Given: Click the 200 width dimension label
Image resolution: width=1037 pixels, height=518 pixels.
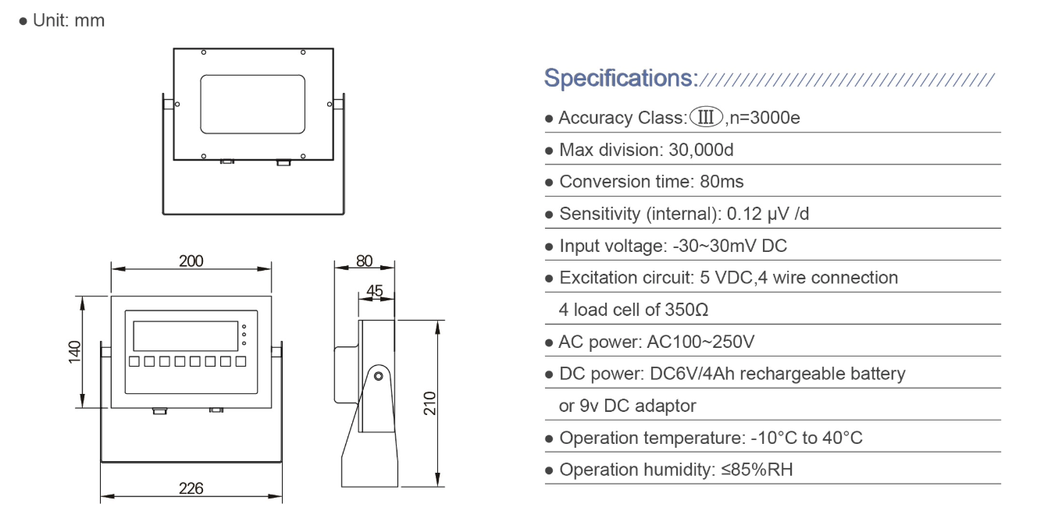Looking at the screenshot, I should [x=191, y=261].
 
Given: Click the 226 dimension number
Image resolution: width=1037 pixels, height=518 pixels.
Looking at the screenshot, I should [x=191, y=488].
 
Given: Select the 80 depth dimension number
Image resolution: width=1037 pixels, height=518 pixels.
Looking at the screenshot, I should [x=365, y=261].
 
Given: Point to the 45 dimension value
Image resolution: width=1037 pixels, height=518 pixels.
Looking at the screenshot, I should [x=375, y=291].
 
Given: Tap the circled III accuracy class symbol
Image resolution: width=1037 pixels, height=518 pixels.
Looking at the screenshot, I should [x=706, y=118].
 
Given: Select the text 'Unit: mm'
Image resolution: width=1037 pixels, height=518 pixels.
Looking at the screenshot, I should [x=68, y=21].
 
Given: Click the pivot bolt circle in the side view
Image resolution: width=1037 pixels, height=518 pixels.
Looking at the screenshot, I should [x=379, y=377].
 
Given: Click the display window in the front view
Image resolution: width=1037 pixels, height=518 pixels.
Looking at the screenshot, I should [x=185, y=336].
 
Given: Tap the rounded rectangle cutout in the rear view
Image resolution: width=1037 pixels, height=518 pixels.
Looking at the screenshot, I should [x=252, y=103].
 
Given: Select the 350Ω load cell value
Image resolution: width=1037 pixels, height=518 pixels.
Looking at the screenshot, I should [x=686, y=310].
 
